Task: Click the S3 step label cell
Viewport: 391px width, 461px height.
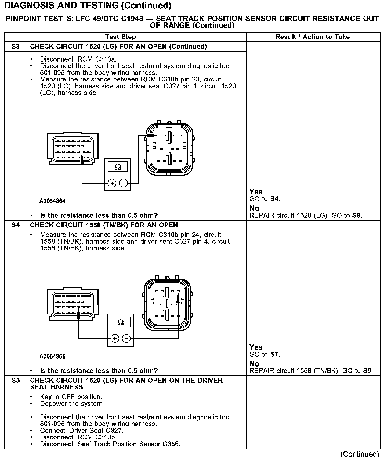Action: click(16, 47)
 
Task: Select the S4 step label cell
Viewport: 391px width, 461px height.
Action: click(16, 225)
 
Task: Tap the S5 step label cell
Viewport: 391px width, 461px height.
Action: click(16, 381)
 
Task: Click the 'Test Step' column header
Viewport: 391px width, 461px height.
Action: click(121, 37)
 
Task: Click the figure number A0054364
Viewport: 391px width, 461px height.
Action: click(52, 201)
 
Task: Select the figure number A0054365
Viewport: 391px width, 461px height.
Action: click(52, 356)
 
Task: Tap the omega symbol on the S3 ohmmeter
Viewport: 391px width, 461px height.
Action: click(118, 167)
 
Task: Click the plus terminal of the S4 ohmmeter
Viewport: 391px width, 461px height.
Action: click(115, 338)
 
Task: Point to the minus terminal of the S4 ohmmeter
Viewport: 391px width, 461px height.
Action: click(126, 338)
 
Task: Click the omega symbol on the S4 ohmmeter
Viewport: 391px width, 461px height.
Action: click(121, 322)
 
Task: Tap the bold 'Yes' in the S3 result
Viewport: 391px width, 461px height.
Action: click(256, 192)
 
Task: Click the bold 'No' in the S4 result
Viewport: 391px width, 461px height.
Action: click(254, 364)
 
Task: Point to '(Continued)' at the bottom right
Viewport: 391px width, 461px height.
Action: click(360, 454)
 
